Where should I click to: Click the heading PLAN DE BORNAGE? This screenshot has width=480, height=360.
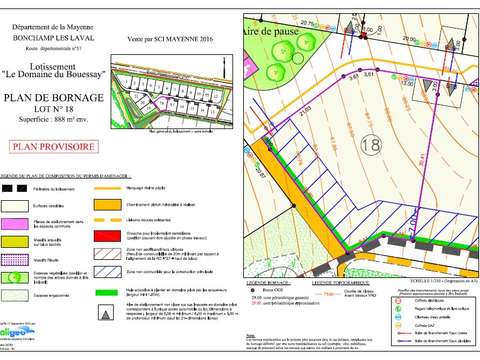coord(55,97)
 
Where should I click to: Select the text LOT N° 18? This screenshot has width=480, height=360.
coord(55,109)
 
